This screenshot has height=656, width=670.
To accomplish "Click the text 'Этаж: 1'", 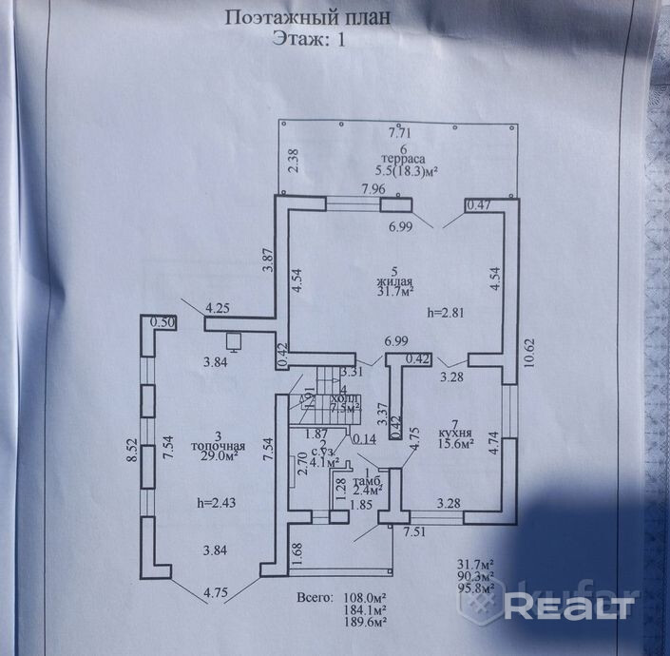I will click(309, 39).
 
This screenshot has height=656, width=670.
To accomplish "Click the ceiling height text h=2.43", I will click(212, 503).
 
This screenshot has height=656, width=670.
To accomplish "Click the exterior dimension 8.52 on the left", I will click(133, 450).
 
